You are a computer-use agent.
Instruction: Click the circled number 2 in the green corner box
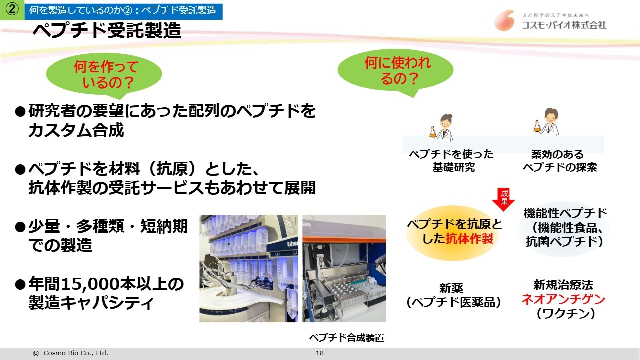(x=12, y=9)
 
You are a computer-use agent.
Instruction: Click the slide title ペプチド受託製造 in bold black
(x=107, y=30)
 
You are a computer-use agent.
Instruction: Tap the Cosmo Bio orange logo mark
(x=505, y=20)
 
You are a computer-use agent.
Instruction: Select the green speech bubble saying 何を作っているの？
(x=104, y=75)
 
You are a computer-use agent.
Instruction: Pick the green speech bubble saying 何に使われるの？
(x=395, y=71)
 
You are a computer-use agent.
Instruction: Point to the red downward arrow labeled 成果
(x=503, y=199)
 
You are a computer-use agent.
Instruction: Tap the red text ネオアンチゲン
(x=563, y=299)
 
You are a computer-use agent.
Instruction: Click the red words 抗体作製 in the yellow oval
(x=469, y=239)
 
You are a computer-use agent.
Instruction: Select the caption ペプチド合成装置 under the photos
(x=347, y=338)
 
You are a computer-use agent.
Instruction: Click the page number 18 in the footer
(x=319, y=353)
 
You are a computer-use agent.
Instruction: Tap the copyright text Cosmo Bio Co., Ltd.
(x=76, y=353)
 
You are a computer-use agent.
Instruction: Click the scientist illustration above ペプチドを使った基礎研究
(x=442, y=127)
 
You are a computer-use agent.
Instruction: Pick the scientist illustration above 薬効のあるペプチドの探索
(x=547, y=122)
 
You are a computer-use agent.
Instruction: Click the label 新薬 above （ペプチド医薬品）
(x=451, y=288)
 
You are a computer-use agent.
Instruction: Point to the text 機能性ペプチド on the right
(x=565, y=213)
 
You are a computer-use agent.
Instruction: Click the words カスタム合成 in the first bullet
(x=76, y=131)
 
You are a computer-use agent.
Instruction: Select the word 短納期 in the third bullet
(x=164, y=227)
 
